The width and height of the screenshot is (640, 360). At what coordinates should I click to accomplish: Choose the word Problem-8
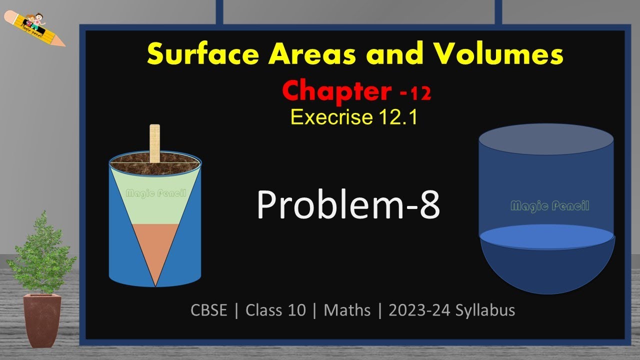coord(348,205)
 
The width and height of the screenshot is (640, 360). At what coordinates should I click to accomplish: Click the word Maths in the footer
coord(347,310)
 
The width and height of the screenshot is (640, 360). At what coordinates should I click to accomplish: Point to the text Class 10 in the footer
coord(275,310)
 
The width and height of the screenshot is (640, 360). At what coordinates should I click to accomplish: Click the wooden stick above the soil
coord(154,143)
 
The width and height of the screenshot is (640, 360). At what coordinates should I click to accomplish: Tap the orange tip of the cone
coord(155,250)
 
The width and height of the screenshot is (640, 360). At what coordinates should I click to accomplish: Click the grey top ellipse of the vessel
coord(546,139)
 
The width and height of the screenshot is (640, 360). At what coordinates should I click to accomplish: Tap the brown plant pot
coord(42,320)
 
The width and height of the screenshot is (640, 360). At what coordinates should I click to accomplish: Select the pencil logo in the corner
coord(34,28)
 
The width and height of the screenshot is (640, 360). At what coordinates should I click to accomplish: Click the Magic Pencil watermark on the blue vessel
coord(549,206)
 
